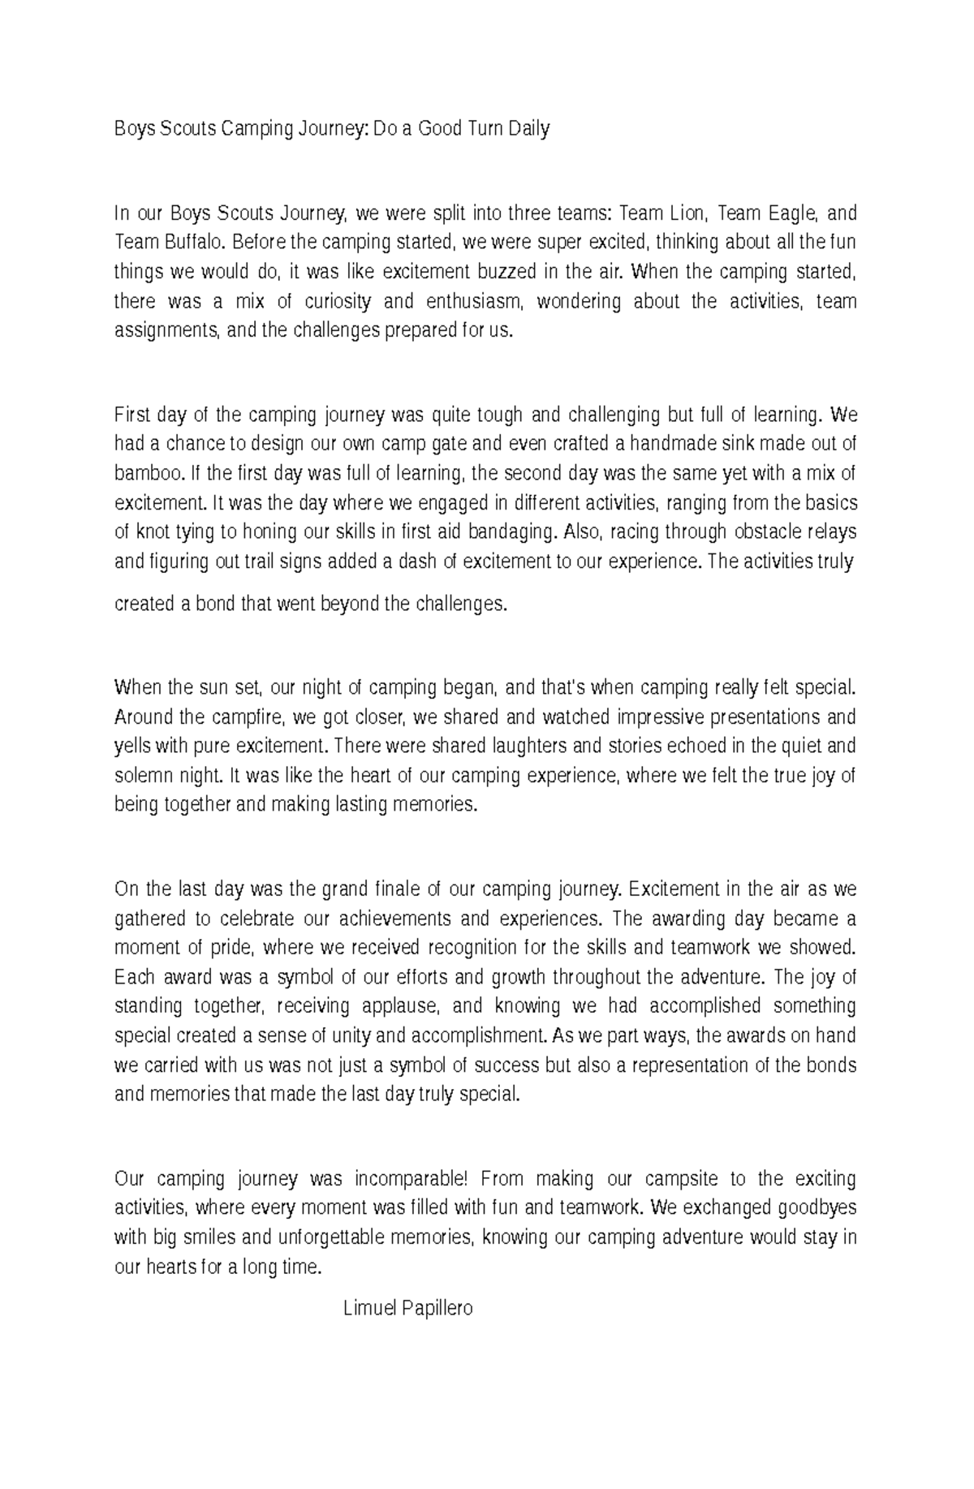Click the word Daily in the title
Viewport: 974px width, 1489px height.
coord(528,128)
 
